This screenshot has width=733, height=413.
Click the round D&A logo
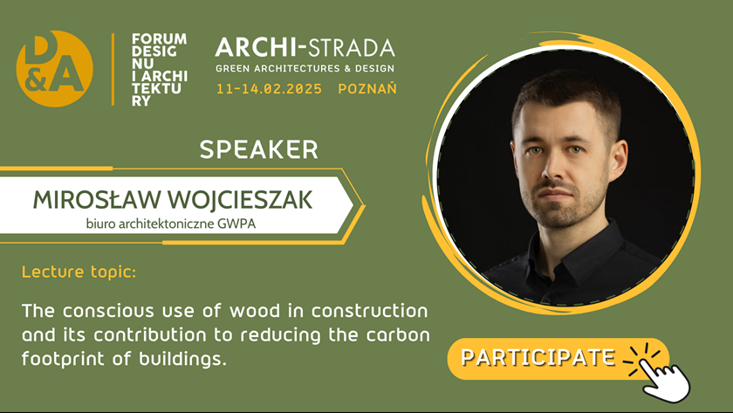point(55,69)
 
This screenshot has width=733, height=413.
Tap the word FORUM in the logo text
point(159,38)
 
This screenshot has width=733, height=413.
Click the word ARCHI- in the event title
point(261,48)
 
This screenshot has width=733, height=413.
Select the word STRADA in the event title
point(352,48)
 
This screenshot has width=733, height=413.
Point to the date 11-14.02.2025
point(270,89)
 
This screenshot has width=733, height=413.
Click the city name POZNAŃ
point(367,88)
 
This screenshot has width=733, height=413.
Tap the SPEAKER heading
point(258,149)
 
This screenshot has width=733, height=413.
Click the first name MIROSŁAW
point(97,200)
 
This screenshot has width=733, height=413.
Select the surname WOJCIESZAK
point(240,200)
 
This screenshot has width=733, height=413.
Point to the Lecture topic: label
point(79,272)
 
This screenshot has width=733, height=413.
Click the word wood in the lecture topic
point(255,311)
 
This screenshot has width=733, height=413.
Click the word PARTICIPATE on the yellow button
point(538,358)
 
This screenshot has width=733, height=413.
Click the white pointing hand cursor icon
point(664,381)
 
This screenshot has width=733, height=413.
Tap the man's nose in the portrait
point(555,169)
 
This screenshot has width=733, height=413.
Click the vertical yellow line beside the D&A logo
point(113,69)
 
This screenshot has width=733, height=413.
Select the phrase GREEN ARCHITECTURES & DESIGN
point(305,69)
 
